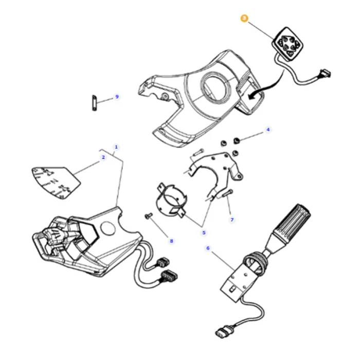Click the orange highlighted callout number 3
[244, 18]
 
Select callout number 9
[117, 97]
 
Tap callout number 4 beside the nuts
[268, 130]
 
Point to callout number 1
[116, 147]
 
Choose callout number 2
[103, 157]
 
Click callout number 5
[204, 232]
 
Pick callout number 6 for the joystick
[208, 248]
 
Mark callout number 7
[232, 220]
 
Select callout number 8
[171, 241]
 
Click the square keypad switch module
[287, 44]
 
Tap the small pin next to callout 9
[94, 103]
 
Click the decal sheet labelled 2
[56, 183]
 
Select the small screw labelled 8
[149, 215]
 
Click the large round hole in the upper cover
[215, 86]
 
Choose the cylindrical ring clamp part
[172, 200]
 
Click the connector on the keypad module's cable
[325, 74]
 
